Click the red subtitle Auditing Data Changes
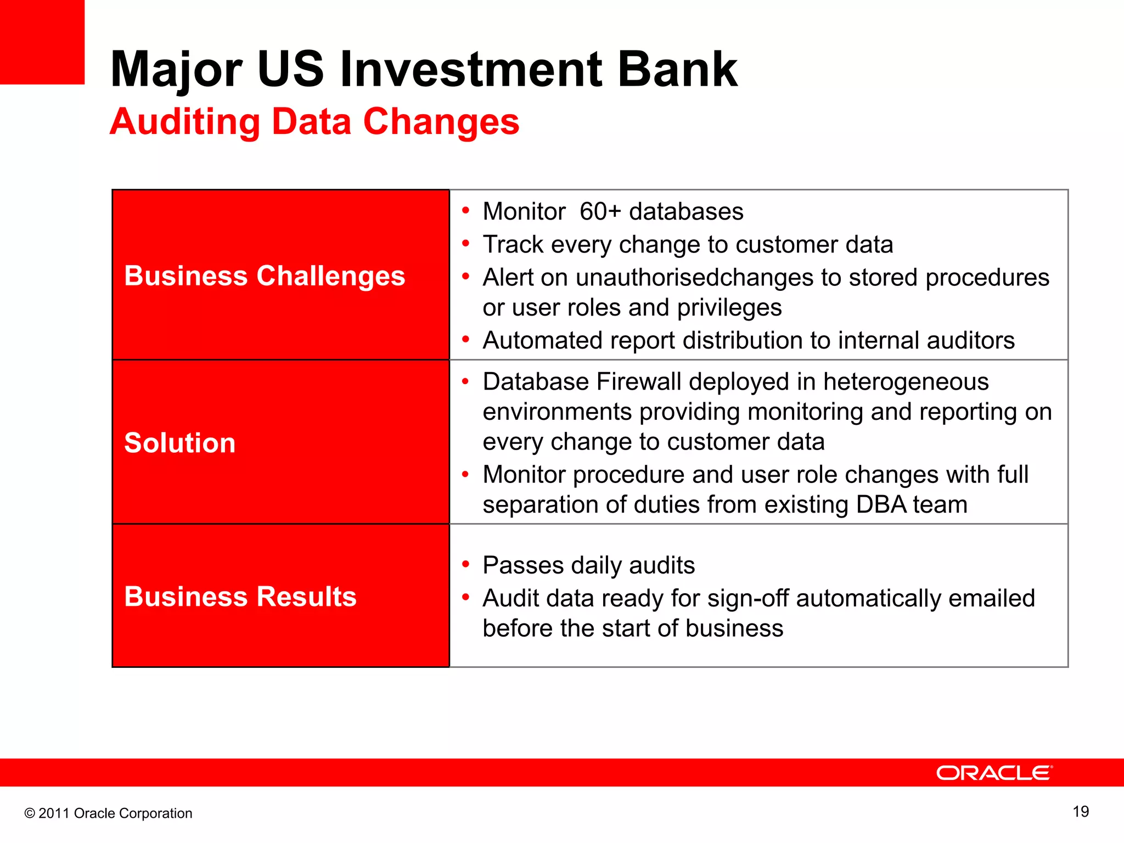314,121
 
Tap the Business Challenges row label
265,276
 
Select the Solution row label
180,443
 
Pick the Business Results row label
240,597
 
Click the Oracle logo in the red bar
994,773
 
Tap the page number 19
1081,812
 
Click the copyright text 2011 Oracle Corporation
109,813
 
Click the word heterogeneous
906,382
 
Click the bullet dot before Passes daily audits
466,565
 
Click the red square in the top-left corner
42,42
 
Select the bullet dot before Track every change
466,244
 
